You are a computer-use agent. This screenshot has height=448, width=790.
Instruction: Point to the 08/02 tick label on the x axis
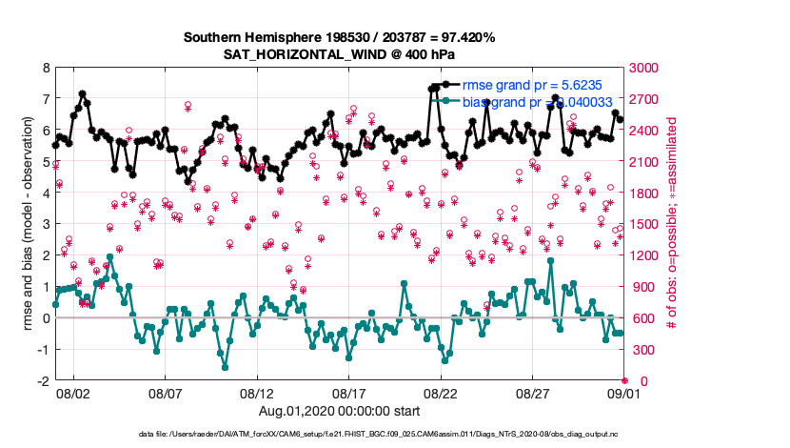click(73, 393)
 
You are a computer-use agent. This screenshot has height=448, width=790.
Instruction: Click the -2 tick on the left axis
click(43, 380)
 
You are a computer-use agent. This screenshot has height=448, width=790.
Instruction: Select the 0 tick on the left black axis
click(46, 318)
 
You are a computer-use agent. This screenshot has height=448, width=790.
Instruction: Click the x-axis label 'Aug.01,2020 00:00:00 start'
click(339, 411)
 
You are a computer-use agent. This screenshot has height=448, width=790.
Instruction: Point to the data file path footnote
click(394, 434)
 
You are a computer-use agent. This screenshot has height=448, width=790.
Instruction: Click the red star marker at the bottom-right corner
click(624, 380)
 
